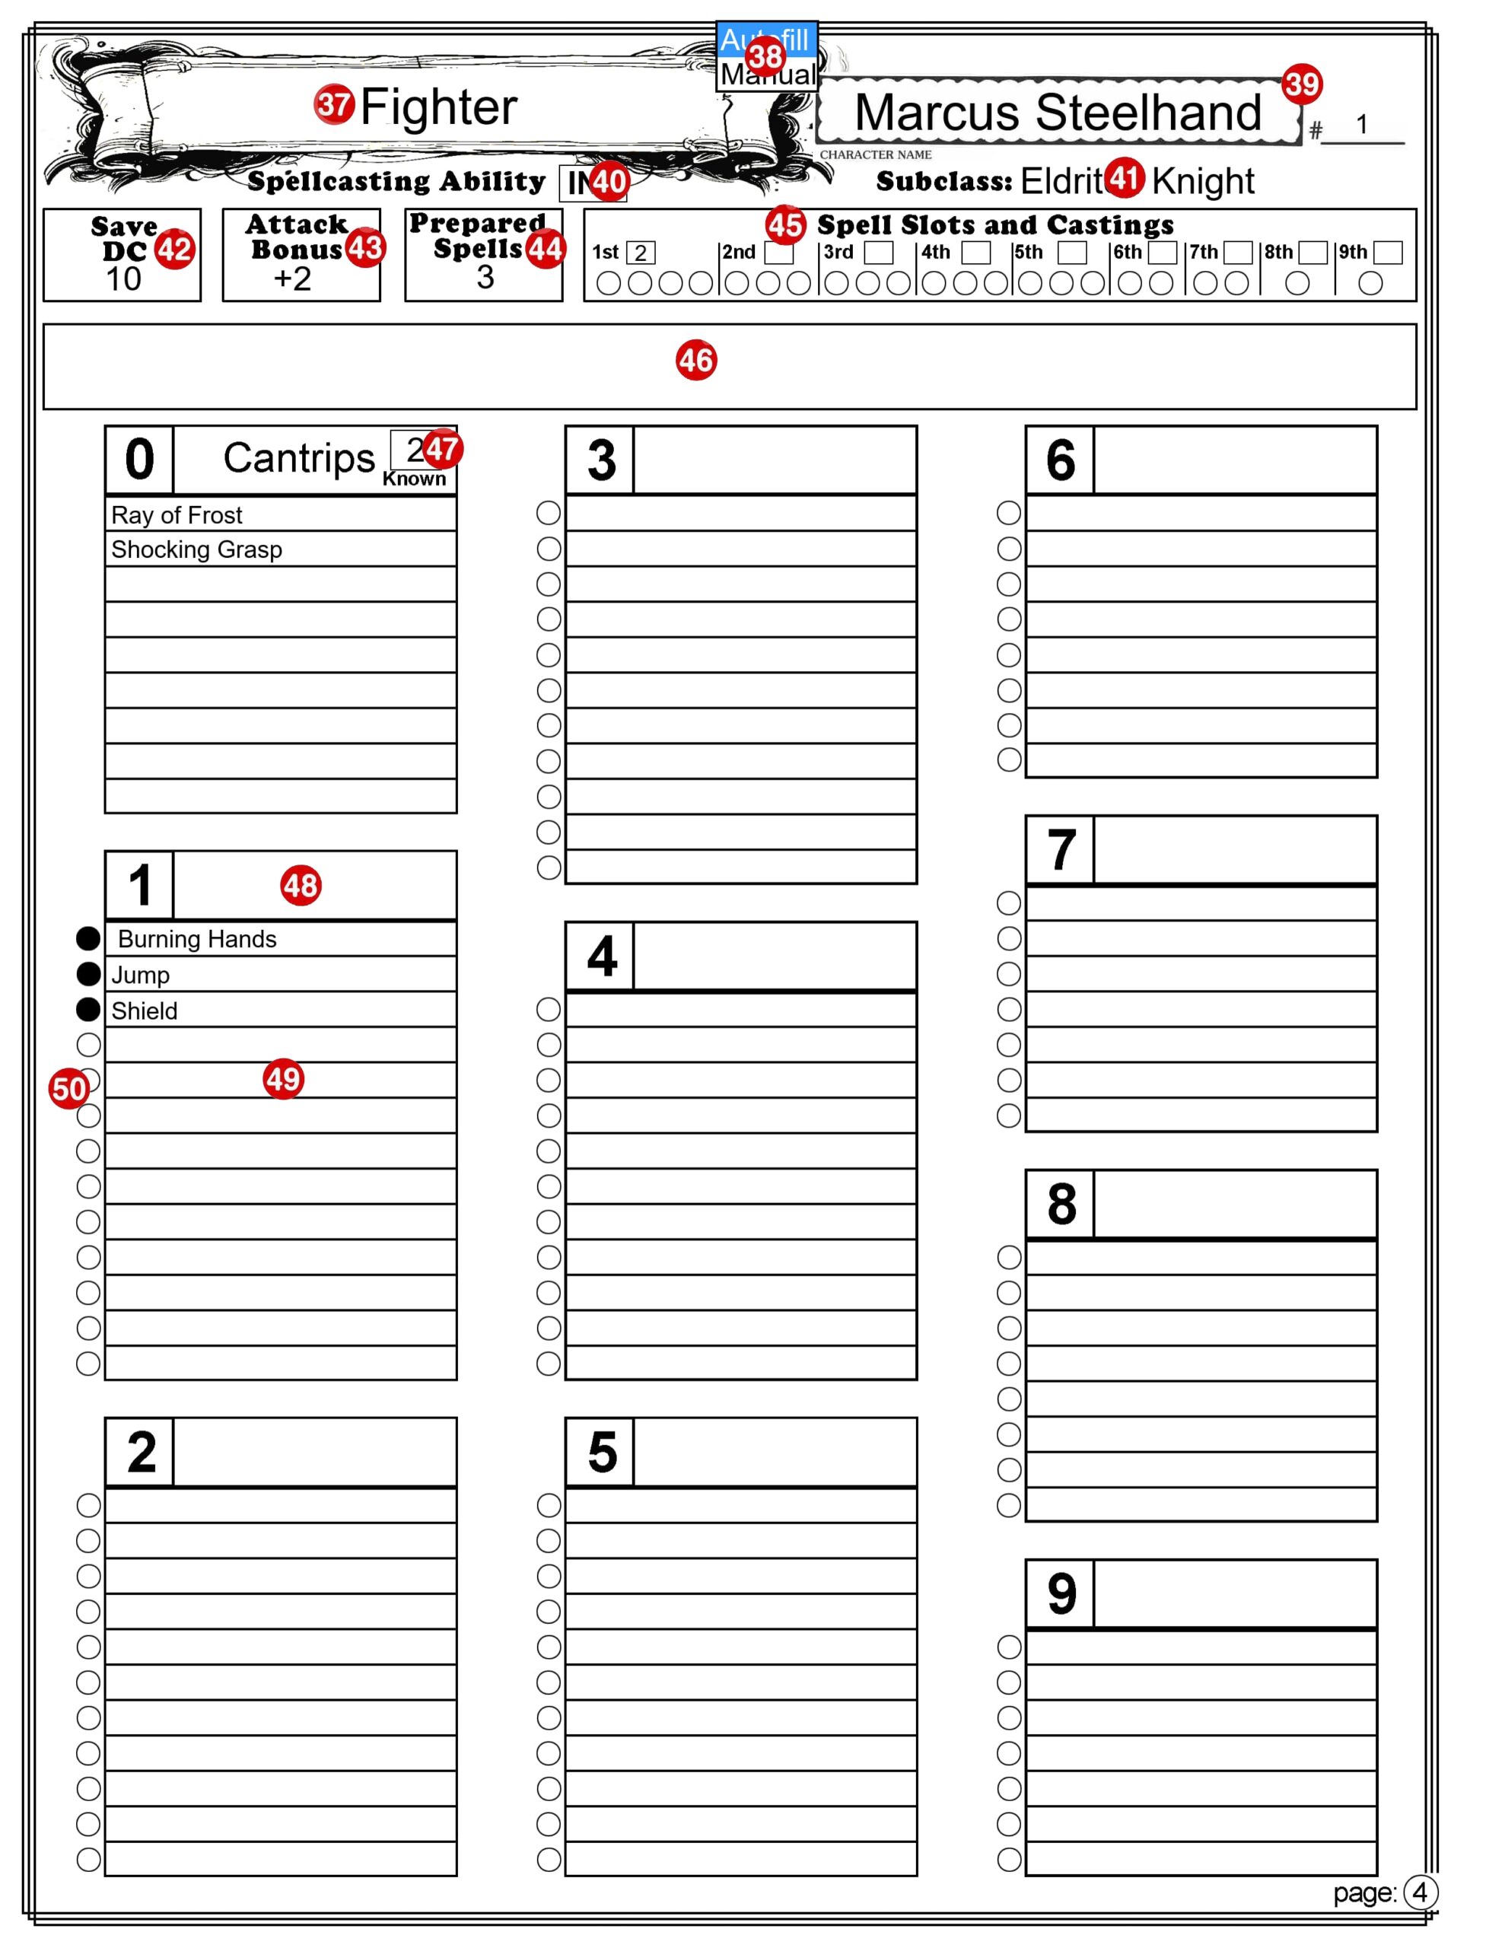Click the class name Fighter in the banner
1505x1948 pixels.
coord(438,107)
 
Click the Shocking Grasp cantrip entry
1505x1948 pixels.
coord(196,549)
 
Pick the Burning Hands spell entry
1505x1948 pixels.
coord(197,939)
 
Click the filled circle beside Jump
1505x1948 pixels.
coord(88,974)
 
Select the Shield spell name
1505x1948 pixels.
coord(145,1011)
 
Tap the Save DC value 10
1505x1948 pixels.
coord(123,279)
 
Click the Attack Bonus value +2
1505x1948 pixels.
coord(293,279)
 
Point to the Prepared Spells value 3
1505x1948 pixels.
coord(485,279)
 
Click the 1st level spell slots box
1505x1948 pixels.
coord(641,253)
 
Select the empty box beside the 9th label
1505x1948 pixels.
coord(1387,253)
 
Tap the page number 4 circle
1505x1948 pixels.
coord(1419,1892)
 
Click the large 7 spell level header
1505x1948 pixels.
coord(1061,850)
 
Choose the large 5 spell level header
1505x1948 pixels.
coord(602,1452)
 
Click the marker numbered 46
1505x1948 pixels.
coord(696,361)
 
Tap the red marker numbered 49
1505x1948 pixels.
coord(284,1079)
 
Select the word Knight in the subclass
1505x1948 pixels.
coord(1203,181)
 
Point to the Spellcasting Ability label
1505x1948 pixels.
coord(396,181)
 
